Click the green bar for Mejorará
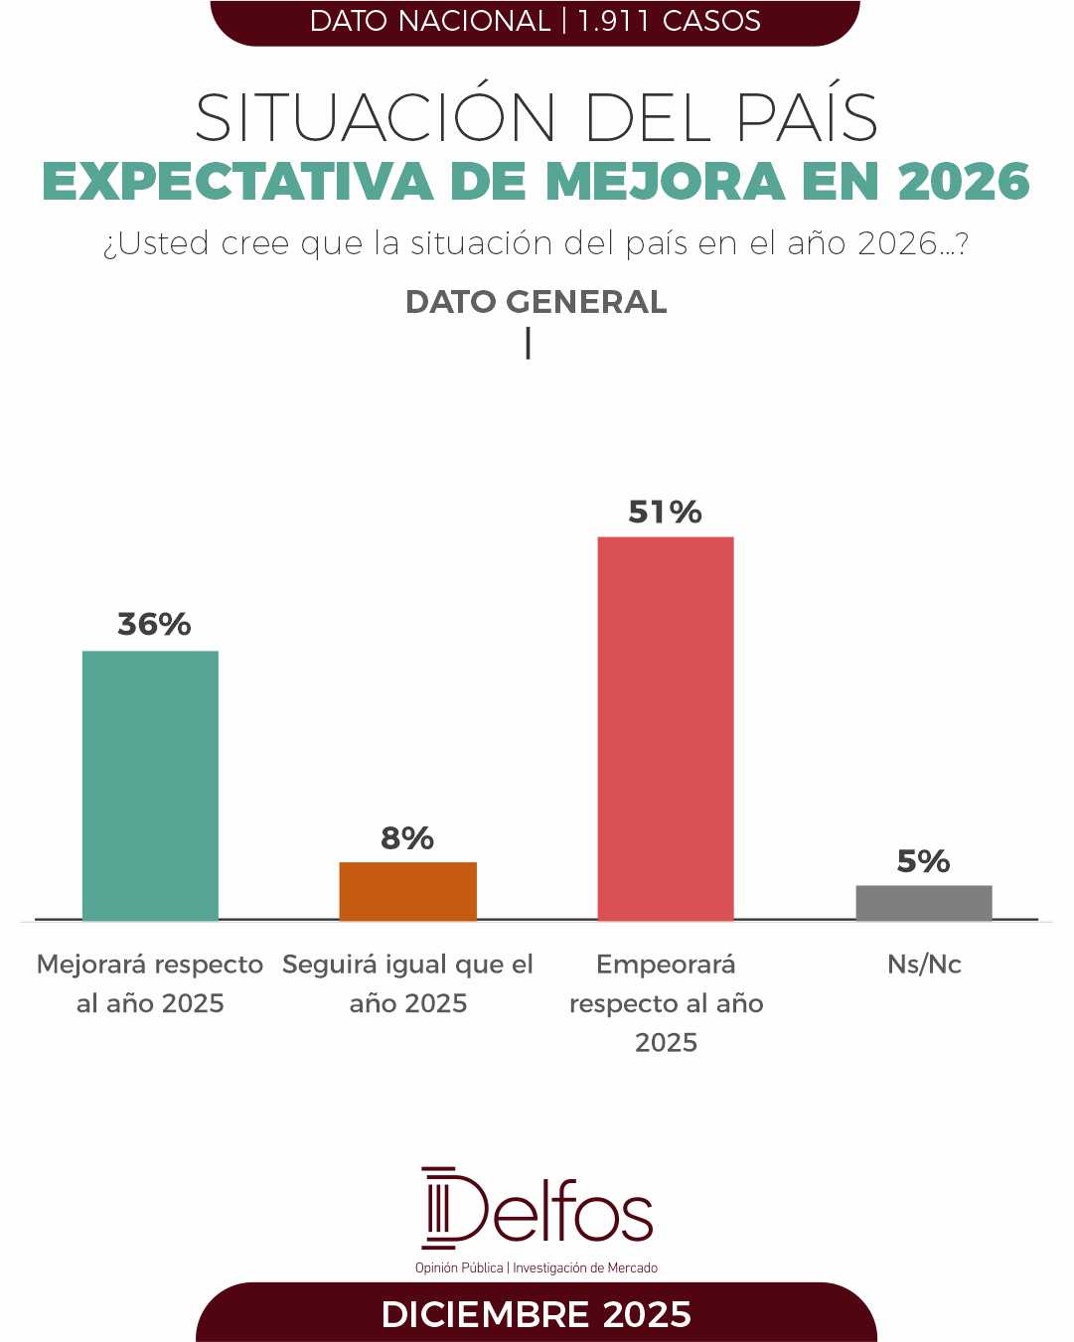[x=150, y=785]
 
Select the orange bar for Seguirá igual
[x=407, y=891]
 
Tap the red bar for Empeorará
[x=666, y=728]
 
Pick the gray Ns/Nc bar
[x=924, y=903]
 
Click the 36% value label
[x=154, y=624]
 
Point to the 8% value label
[x=407, y=838]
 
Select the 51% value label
[x=665, y=512]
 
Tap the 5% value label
[x=923, y=861]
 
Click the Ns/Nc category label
[x=924, y=965]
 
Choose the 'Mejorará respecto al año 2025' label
[x=150, y=983]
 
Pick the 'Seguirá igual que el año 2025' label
[x=407, y=983]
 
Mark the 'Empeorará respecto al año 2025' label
[x=666, y=1003]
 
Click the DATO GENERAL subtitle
[x=536, y=302]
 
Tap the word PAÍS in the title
[x=807, y=118]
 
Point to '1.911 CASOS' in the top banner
[x=669, y=21]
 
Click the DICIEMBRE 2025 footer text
[x=536, y=1314]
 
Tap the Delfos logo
[x=537, y=1209]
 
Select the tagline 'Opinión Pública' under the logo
[x=459, y=1268]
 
